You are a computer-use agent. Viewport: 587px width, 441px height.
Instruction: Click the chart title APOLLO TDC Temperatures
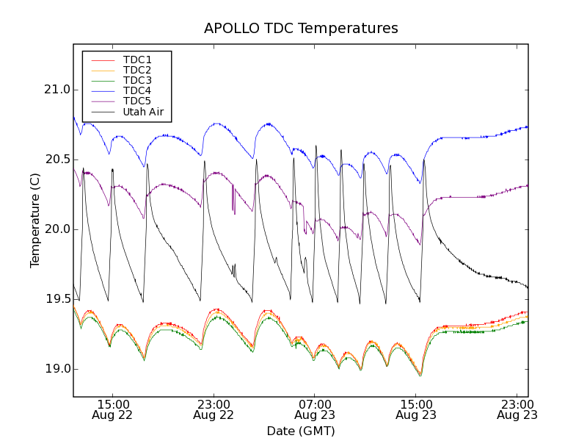(x=301, y=29)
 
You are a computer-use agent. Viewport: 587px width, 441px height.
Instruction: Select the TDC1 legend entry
(x=137, y=60)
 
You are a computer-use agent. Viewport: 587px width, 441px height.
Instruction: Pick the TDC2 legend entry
(x=137, y=70)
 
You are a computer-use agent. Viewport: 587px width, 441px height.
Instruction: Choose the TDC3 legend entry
(x=137, y=80)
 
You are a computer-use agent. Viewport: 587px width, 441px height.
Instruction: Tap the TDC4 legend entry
(x=137, y=90)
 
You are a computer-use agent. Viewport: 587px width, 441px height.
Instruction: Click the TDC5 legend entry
(x=137, y=101)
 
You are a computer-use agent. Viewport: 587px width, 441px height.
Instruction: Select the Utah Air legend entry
(x=143, y=112)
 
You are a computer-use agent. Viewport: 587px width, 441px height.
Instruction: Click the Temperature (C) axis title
(x=35, y=220)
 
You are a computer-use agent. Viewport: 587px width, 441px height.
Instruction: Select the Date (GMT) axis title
(x=301, y=431)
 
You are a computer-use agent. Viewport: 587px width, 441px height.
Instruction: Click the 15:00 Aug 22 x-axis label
(x=112, y=409)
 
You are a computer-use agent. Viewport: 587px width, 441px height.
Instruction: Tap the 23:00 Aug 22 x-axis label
(x=214, y=409)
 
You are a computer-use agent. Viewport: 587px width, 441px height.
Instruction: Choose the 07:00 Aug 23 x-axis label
(x=314, y=409)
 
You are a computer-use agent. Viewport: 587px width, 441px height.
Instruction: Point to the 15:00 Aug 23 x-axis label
(x=415, y=409)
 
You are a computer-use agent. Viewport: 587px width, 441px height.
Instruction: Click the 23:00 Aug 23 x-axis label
(x=517, y=409)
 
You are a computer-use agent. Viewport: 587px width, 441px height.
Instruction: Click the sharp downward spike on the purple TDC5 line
(x=233, y=209)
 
